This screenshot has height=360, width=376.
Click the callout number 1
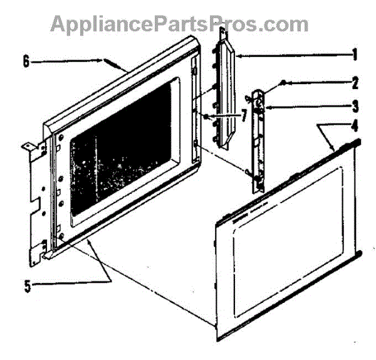tap(355, 55)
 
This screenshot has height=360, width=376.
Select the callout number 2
tap(355, 83)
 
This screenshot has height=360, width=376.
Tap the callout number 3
tap(355, 105)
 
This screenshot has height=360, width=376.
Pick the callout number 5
tap(26, 283)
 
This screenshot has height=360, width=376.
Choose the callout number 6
tap(26, 61)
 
